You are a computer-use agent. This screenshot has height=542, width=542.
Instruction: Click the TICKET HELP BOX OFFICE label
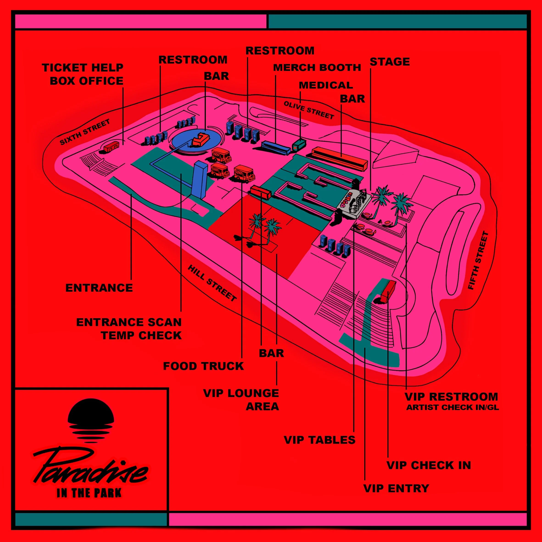pyautogui.click(x=83, y=74)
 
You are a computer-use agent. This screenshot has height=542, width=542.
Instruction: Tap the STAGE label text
pyautogui.click(x=390, y=62)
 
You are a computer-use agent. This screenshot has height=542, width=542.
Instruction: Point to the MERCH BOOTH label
pyautogui.click(x=317, y=68)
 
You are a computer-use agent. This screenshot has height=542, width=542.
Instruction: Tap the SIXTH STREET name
pyautogui.click(x=85, y=132)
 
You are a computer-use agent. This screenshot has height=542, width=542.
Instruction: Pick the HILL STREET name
pyautogui.click(x=212, y=283)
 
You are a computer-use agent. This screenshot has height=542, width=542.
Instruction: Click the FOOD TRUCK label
pyautogui.click(x=203, y=366)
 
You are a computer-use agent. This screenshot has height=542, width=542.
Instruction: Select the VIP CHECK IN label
pyautogui.click(x=429, y=465)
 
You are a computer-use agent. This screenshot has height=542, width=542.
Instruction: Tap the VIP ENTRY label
pyautogui.click(x=396, y=488)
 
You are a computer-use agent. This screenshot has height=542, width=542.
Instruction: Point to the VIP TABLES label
pyautogui.click(x=320, y=440)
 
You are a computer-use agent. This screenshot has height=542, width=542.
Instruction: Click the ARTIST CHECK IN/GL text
pyautogui.click(x=453, y=407)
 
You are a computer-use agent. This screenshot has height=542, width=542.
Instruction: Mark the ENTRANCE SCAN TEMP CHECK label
pyautogui.click(x=129, y=329)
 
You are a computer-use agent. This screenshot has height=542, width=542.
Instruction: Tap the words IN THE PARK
pyautogui.click(x=89, y=493)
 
